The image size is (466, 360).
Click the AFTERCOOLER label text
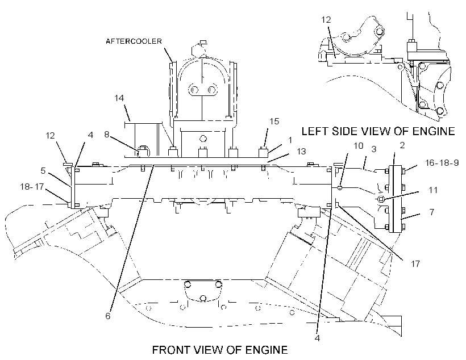pos(134,41)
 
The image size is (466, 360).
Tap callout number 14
pos(119,98)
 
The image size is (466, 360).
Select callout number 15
pos(274,121)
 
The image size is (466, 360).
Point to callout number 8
pos(107,134)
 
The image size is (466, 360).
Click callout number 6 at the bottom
pos(108,316)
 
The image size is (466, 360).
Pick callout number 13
pos(301,151)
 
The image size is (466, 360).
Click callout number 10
pos(359,146)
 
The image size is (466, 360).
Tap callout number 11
pos(433,190)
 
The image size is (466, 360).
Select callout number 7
pos(432,212)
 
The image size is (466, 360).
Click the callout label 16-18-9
pos(442,163)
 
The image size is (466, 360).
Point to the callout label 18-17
pos(32,187)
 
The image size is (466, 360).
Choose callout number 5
pos(43,171)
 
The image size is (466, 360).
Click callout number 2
pos(402,145)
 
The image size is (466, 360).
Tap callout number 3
pos(374,149)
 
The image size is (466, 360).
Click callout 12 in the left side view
pos(326,20)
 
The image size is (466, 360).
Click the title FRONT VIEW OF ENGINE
pos(220,350)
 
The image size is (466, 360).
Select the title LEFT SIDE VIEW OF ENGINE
pos(378,131)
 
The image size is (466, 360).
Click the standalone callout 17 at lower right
pos(415,263)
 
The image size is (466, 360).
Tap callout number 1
pos(290,140)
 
